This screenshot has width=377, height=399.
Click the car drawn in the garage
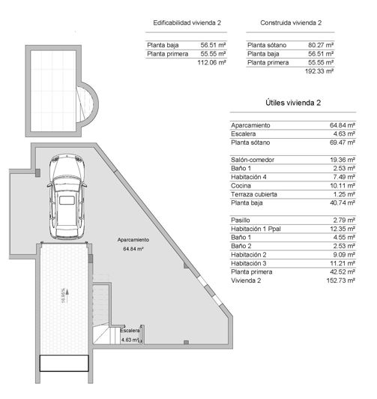click(x=68, y=197)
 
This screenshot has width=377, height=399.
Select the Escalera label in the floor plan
click(x=130, y=330)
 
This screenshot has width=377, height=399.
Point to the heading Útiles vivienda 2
click(x=293, y=102)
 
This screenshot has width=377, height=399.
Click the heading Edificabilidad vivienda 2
click(x=187, y=23)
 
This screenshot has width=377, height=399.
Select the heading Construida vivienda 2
click(x=291, y=23)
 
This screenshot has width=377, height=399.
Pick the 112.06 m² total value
click(x=211, y=63)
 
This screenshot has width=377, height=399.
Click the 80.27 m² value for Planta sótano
click(x=321, y=45)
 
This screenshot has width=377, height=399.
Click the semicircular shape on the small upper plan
click(x=88, y=104)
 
